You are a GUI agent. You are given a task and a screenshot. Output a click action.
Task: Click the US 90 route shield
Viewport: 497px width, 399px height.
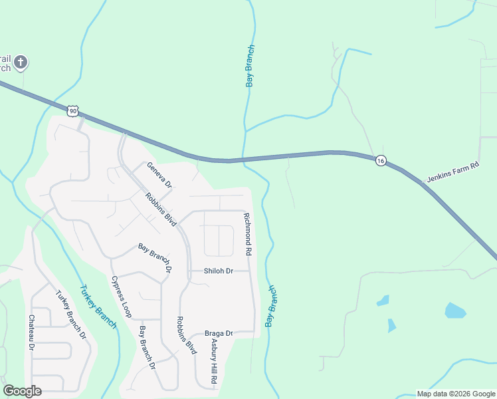(72, 110)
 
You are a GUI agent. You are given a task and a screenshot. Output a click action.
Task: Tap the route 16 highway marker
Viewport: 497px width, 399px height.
(380, 161)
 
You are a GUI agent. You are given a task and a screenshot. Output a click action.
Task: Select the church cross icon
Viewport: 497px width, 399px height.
(21, 63)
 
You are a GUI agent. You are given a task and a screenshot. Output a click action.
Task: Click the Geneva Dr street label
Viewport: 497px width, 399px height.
(159, 175)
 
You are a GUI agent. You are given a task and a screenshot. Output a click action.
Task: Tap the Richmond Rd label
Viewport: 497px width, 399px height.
(247, 234)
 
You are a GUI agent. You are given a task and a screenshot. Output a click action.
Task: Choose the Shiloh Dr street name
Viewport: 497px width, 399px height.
(219, 271)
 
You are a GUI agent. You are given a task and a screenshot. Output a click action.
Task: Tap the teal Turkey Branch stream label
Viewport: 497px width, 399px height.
(98, 307)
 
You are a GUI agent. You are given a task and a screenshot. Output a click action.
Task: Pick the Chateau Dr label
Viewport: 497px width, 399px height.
(31, 332)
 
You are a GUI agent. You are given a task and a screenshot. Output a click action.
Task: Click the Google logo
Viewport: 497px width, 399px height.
(22, 391)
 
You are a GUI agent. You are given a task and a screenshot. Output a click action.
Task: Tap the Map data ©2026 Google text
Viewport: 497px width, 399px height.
(456, 394)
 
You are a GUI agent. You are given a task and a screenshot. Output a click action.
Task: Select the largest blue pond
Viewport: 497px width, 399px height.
(455, 311)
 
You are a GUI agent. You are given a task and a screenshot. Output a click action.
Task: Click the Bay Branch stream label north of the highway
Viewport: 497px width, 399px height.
(250, 66)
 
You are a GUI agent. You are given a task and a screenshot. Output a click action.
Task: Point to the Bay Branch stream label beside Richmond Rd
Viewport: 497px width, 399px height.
(270, 306)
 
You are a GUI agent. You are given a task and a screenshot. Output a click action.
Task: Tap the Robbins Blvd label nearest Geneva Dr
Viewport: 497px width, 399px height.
(160, 209)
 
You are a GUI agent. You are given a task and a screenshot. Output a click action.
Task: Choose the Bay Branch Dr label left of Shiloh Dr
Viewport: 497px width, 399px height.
(155, 259)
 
